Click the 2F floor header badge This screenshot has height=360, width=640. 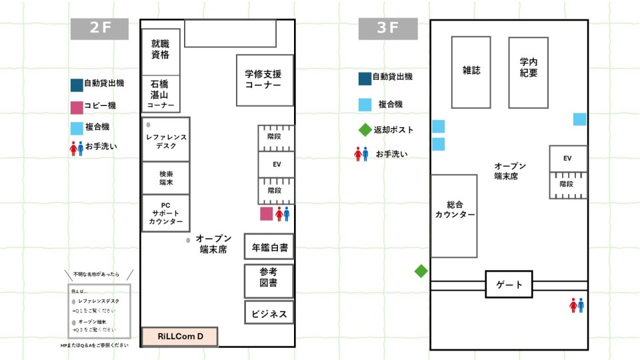click(99, 29)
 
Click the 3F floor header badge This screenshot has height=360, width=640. click(387, 29)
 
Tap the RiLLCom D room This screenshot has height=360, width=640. click(180, 337)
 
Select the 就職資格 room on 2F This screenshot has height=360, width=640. click(161, 51)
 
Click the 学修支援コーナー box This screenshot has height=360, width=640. click(265, 80)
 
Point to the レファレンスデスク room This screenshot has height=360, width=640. click(166, 139)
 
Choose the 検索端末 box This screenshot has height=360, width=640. click(166, 177)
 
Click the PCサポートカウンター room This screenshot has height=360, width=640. click(166, 213)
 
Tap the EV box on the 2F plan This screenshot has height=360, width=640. click(276, 164)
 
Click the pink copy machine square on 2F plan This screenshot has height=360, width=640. click(266, 213)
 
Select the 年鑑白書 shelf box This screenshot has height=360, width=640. click(269, 247)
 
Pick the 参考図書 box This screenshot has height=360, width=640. click(269, 281)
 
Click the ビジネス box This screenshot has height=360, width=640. click(269, 313)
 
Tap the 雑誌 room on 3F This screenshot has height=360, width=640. click(471, 72)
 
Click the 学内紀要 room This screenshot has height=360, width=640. click(529, 72)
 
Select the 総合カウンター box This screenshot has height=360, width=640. click(454, 216)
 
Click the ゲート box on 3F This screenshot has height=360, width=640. click(509, 285)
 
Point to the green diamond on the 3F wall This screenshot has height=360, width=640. click(421, 271)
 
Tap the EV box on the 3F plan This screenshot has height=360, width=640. click(568, 159)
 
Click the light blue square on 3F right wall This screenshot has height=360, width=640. click(580, 119)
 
